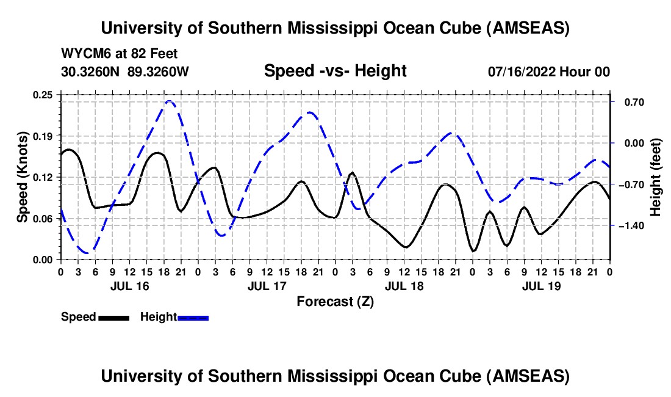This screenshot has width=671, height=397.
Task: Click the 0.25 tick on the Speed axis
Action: [43, 95]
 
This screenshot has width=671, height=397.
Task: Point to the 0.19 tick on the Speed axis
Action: [43, 136]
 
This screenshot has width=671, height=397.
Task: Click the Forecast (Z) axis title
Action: [335, 301]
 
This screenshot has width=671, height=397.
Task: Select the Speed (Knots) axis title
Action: [23, 177]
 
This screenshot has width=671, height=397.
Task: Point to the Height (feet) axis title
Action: [656, 177]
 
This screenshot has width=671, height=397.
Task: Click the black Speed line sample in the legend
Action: [113, 318]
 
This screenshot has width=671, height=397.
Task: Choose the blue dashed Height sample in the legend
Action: [193, 318]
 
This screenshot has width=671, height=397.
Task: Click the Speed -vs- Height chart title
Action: [335, 71]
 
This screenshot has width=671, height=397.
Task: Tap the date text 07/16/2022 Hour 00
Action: [549, 72]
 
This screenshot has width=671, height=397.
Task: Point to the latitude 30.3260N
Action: [91, 72]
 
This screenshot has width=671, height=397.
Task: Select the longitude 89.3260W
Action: [159, 72]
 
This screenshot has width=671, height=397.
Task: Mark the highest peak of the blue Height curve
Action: [169, 101]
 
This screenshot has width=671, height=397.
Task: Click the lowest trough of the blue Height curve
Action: [88, 253]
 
